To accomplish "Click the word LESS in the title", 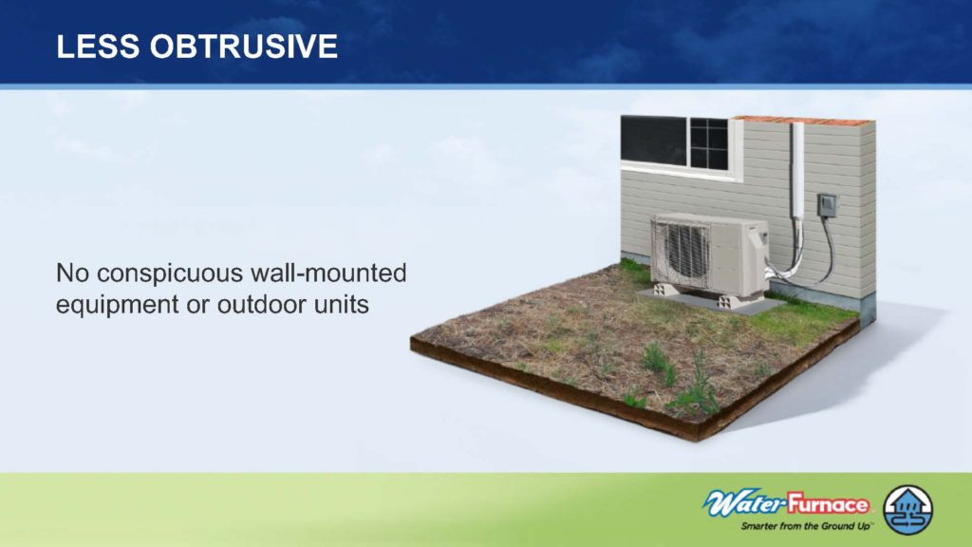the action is (x=98, y=47).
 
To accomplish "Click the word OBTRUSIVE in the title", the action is (x=244, y=47).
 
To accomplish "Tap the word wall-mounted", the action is (x=328, y=273).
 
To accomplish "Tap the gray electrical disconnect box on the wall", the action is (x=827, y=205).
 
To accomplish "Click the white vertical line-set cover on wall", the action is (x=797, y=171).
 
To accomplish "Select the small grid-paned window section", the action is (x=708, y=143).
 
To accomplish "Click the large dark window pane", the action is (x=653, y=141).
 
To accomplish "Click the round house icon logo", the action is (x=907, y=510).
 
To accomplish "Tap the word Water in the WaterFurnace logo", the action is (x=743, y=503).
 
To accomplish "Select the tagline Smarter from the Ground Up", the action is (x=806, y=526).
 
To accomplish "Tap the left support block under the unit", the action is (x=665, y=291).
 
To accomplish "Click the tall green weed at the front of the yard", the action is (x=698, y=387).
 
